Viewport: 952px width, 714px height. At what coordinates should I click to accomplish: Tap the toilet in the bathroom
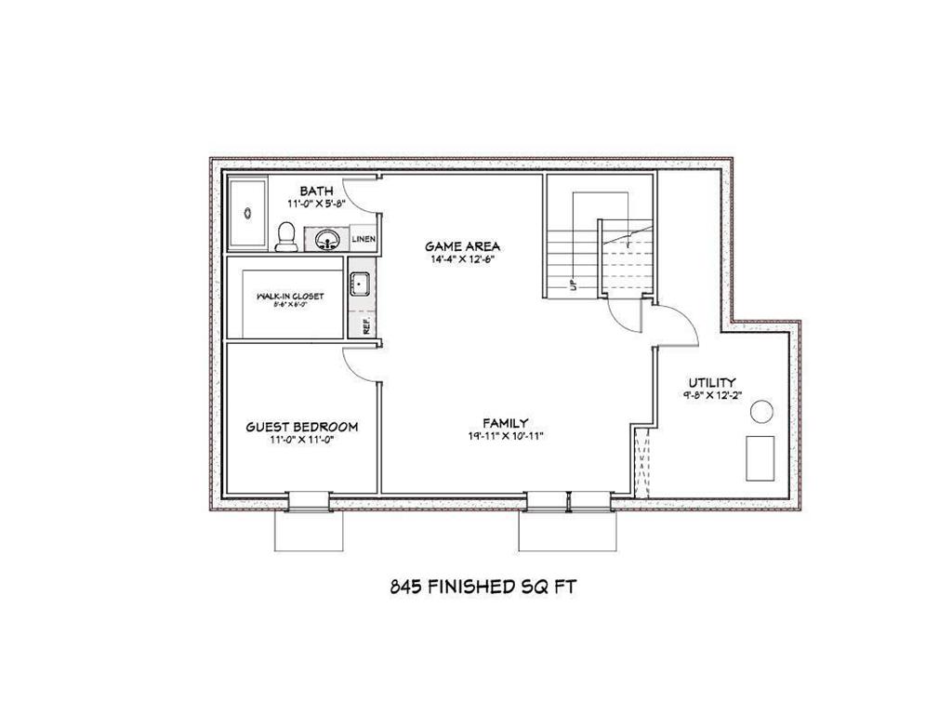click(286, 237)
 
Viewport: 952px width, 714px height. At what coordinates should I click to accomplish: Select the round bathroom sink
click(327, 241)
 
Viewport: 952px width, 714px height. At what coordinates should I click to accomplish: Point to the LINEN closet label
click(364, 240)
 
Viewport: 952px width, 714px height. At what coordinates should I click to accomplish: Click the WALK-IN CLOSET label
click(290, 296)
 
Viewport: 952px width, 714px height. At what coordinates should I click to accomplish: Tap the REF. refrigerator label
click(365, 325)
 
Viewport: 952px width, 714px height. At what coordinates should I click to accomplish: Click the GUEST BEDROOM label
click(301, 427)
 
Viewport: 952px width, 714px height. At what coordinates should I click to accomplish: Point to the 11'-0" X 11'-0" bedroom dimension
click(301, 441)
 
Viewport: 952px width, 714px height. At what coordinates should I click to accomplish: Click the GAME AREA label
click(463, 246)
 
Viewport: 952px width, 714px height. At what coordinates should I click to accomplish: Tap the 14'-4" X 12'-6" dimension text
click(463, 259)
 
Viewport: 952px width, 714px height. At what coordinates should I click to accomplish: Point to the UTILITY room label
click(712, 382)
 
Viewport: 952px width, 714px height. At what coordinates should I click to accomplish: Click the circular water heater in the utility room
click(761, 411)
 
